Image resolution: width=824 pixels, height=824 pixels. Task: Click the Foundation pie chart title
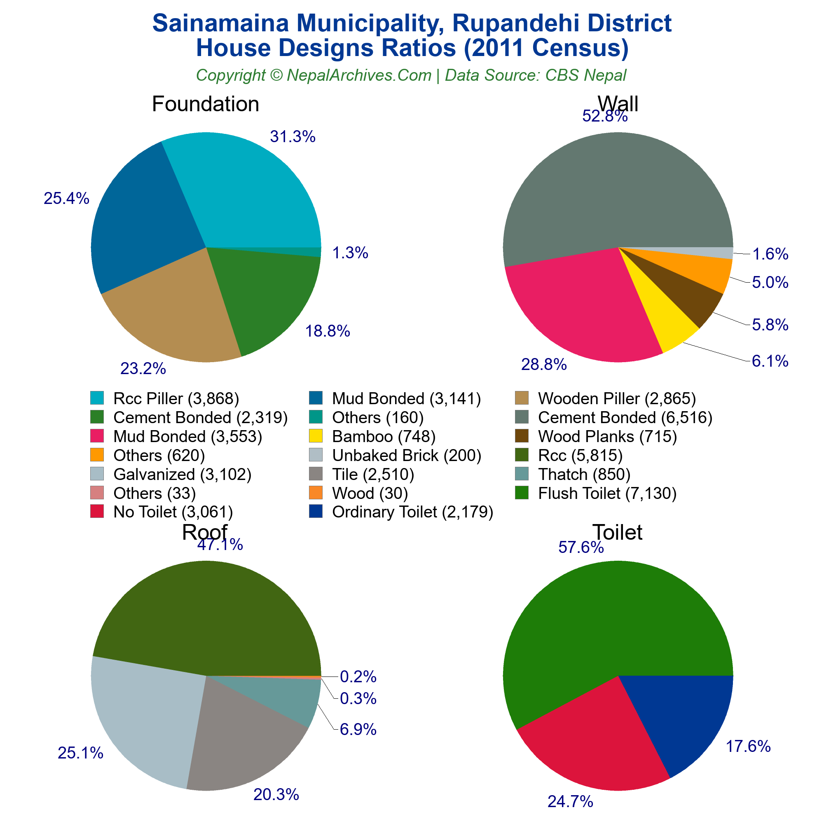point(205,104)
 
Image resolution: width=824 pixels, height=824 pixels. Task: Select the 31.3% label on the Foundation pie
point(293,137)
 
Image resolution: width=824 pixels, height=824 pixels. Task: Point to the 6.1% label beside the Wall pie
point(770,361)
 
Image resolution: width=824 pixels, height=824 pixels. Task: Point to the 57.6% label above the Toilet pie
point(581,548)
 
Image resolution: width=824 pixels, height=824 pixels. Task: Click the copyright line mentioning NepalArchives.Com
point(411,75)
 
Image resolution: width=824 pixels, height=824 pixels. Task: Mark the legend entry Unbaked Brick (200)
point(406,456)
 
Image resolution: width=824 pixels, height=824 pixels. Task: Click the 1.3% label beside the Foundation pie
point(350,253)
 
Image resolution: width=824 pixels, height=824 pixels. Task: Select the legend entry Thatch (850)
point(584,474)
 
